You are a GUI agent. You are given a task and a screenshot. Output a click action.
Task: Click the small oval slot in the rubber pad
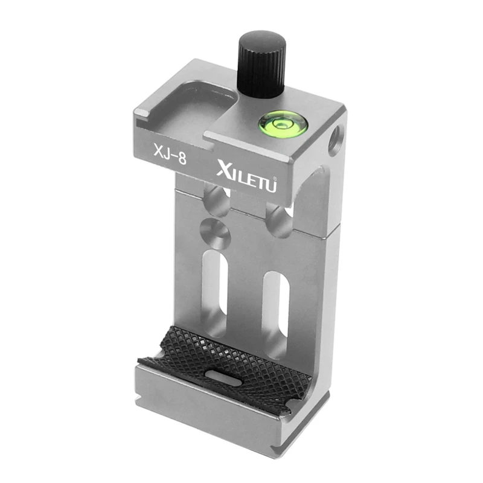click(220, 376)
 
